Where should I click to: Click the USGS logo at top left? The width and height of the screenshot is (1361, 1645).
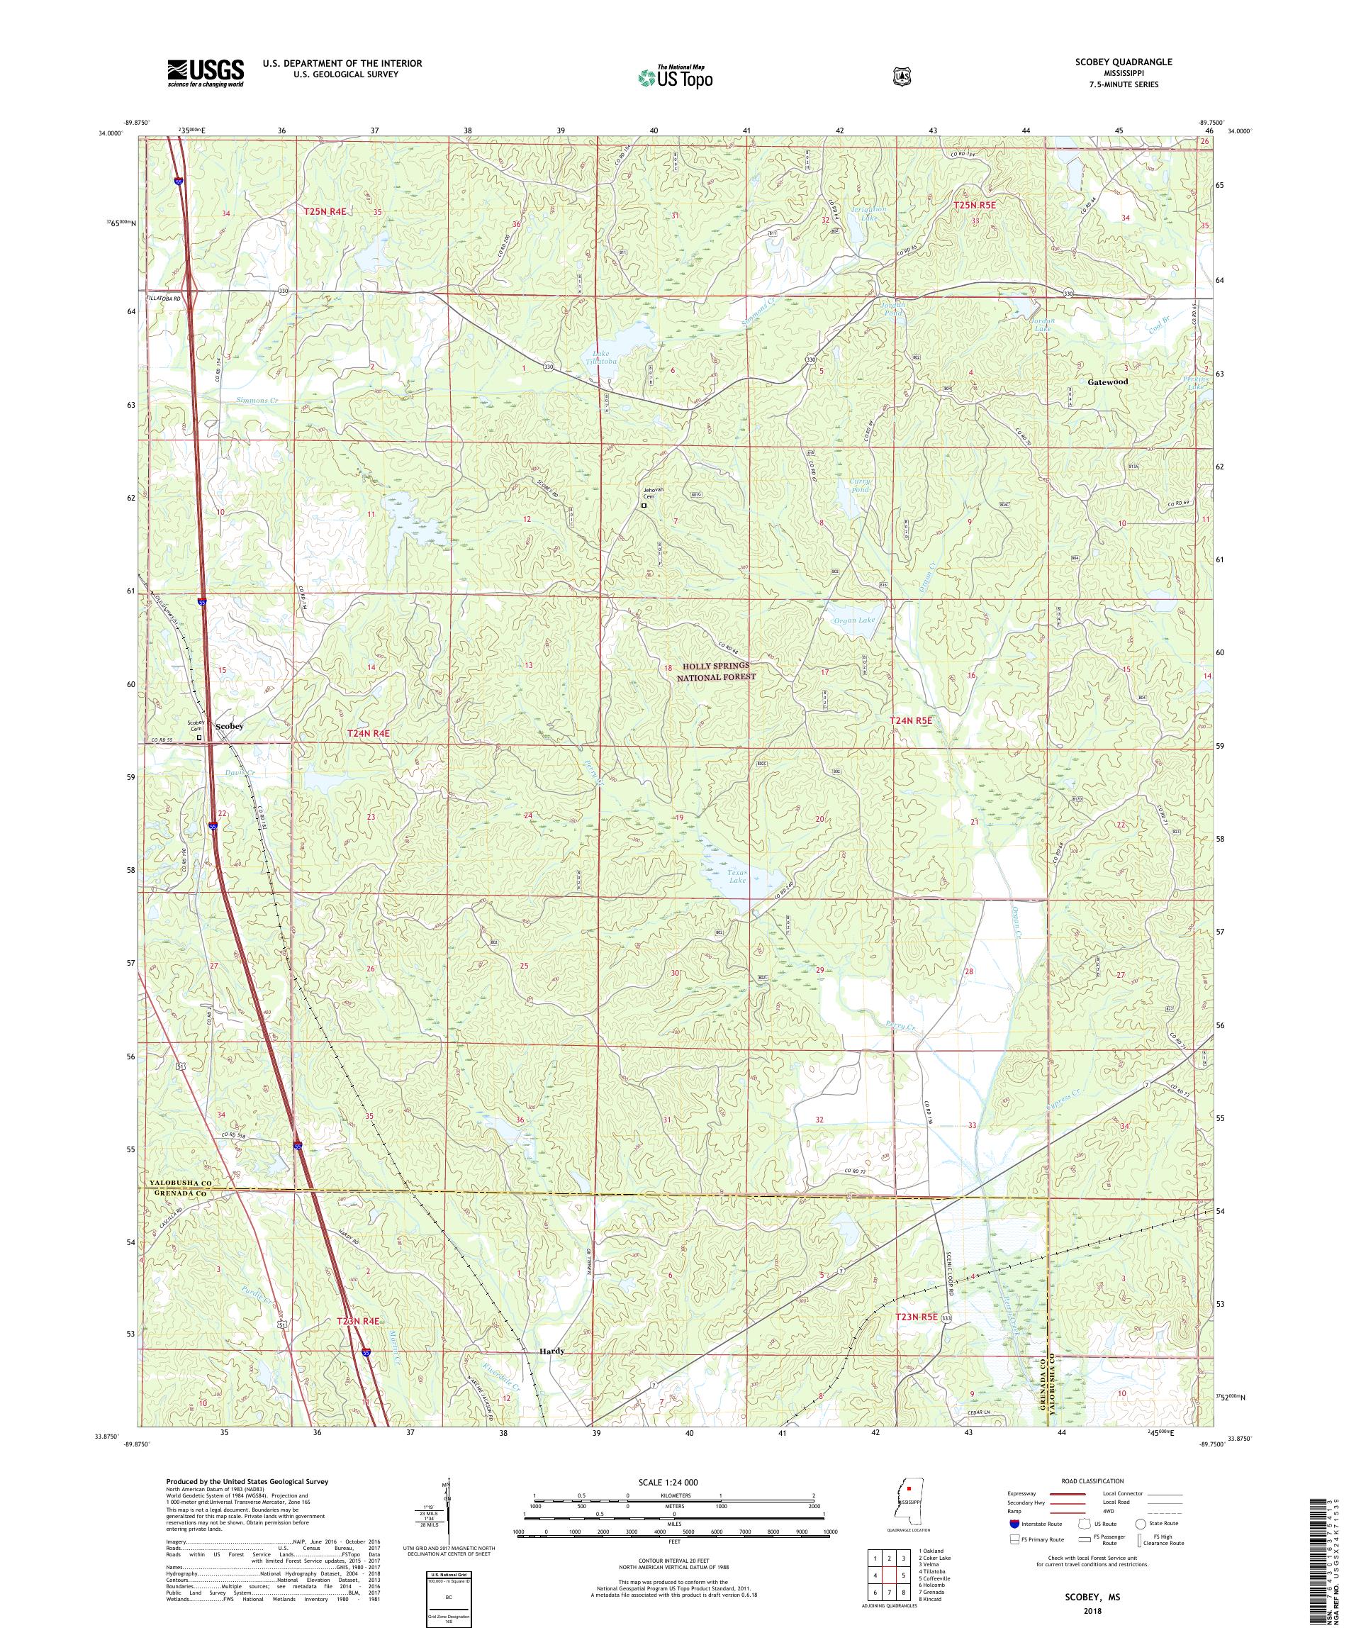point(205,74)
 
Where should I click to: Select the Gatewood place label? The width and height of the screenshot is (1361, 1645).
point(1108,381)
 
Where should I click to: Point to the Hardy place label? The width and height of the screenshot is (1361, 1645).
point(551,1351)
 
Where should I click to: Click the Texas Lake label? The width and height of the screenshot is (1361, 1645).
point(738,876)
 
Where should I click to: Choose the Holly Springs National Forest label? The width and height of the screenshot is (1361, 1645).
point(717,671)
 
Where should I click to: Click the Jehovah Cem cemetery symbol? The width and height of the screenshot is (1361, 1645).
point(644,506)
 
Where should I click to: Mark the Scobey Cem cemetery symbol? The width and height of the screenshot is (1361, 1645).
point(199,737)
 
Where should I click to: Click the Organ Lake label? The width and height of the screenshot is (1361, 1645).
point(853,620)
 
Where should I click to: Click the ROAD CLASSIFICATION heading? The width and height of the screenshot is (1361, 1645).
point(1092,1481)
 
